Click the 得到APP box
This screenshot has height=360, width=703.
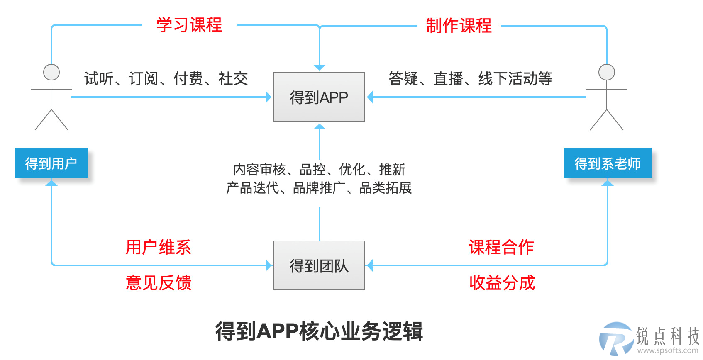tap(319, 97)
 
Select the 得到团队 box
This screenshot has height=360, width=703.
tap(319, 265)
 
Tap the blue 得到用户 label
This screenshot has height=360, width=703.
tap(51, 163)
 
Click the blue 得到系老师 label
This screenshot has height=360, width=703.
tap(607, 163)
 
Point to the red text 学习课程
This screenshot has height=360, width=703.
tap(189, 25)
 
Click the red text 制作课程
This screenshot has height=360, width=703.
tap(459, 26)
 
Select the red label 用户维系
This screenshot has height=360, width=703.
tap(159, 247)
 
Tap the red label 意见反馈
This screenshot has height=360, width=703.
tap(159, 282)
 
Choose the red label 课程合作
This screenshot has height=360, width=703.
tap(501, 247)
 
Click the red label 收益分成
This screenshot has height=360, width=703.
tap(502, 282)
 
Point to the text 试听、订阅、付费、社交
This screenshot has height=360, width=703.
tap(166, 78)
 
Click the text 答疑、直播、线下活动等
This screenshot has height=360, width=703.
tap(471, 78)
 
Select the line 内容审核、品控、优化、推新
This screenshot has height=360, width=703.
tap(319, 170)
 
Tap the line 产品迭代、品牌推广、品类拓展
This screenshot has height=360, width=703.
tap(319, 188)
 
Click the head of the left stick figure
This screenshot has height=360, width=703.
tap(51, 72)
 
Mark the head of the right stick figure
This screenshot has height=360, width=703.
tap(607, 72)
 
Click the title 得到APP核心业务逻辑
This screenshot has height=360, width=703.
tap(319, 331)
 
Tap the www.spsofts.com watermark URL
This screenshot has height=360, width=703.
tap(668, 350)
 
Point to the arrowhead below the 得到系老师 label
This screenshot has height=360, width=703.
tap(608, 182)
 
